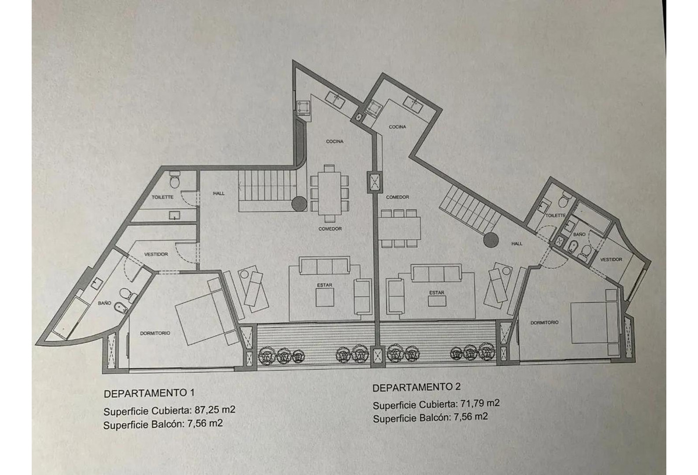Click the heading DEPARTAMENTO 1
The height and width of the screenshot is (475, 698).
[149, 393]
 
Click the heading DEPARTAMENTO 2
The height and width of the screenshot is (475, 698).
[416, 387]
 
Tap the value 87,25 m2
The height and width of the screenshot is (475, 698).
[215, 410]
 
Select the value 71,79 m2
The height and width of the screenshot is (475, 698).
[479, 403]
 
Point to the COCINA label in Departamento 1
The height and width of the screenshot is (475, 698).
[334, 142]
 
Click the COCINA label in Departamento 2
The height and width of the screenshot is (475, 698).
[397, 127]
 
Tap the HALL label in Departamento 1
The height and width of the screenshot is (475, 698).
[219, 193]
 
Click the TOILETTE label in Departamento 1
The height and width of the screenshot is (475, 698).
[162, 197]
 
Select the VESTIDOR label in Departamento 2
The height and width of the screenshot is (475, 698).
[611, 260]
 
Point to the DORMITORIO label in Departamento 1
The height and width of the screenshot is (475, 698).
[155, 333]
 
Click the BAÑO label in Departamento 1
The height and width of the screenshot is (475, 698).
[105, 303]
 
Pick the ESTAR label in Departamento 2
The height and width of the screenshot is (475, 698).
[437, 293]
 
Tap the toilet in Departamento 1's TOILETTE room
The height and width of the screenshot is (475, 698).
[175, 180]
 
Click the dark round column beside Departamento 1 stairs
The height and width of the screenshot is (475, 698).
[300, 204]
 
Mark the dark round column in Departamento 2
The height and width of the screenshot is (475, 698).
[491, 240]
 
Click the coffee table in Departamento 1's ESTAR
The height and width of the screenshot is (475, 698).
[325, 297]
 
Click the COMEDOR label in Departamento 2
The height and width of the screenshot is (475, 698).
[397, 197]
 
